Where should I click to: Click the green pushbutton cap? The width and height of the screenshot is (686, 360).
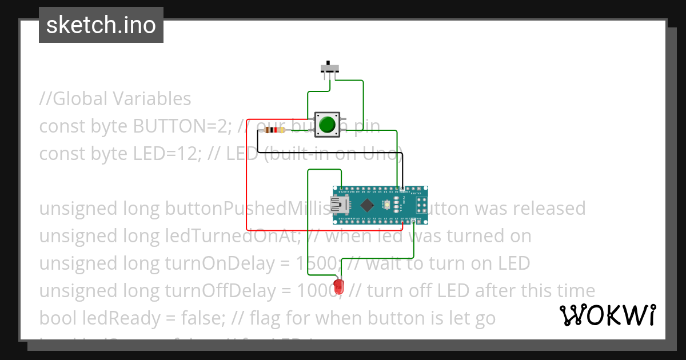(327, 125)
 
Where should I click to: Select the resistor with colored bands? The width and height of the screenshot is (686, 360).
(277, 130)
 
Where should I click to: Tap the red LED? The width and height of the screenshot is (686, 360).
(338, 286)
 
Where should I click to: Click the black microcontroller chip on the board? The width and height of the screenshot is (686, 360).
(367, 204)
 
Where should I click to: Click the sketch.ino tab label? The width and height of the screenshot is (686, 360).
(101, 25)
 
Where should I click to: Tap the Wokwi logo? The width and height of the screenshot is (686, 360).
(607, 315)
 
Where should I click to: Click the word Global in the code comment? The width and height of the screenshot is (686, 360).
(80, 99)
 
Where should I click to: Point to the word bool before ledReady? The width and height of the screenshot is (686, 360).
(57, 318)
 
